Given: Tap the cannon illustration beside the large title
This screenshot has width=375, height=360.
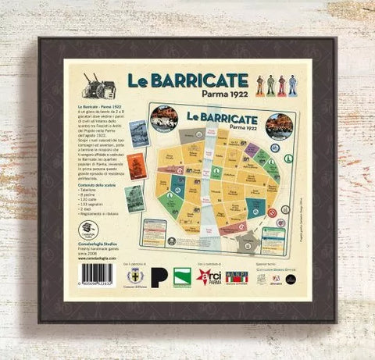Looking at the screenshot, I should click(103, 83).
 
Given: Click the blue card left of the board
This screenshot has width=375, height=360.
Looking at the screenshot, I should click(138, 134).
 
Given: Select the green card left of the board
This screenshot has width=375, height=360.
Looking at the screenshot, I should click(134, 198).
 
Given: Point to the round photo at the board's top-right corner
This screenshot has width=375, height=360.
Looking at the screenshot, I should click(278, 124).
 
